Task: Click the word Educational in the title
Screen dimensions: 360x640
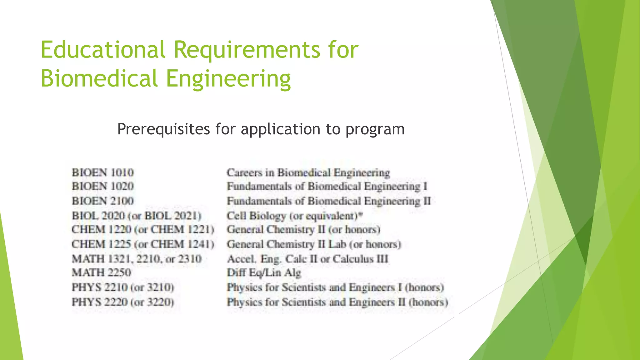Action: [103, 50]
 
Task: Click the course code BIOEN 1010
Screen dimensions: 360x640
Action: [103, 172]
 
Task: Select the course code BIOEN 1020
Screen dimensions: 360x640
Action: [103, 186]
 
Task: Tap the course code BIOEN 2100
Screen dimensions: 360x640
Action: [103, 201]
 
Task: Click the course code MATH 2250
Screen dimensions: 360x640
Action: [102, 272]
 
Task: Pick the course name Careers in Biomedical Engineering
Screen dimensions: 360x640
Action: [308, 172]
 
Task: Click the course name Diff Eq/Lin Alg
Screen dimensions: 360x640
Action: [264, 273]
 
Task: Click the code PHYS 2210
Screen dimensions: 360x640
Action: [99, 287]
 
